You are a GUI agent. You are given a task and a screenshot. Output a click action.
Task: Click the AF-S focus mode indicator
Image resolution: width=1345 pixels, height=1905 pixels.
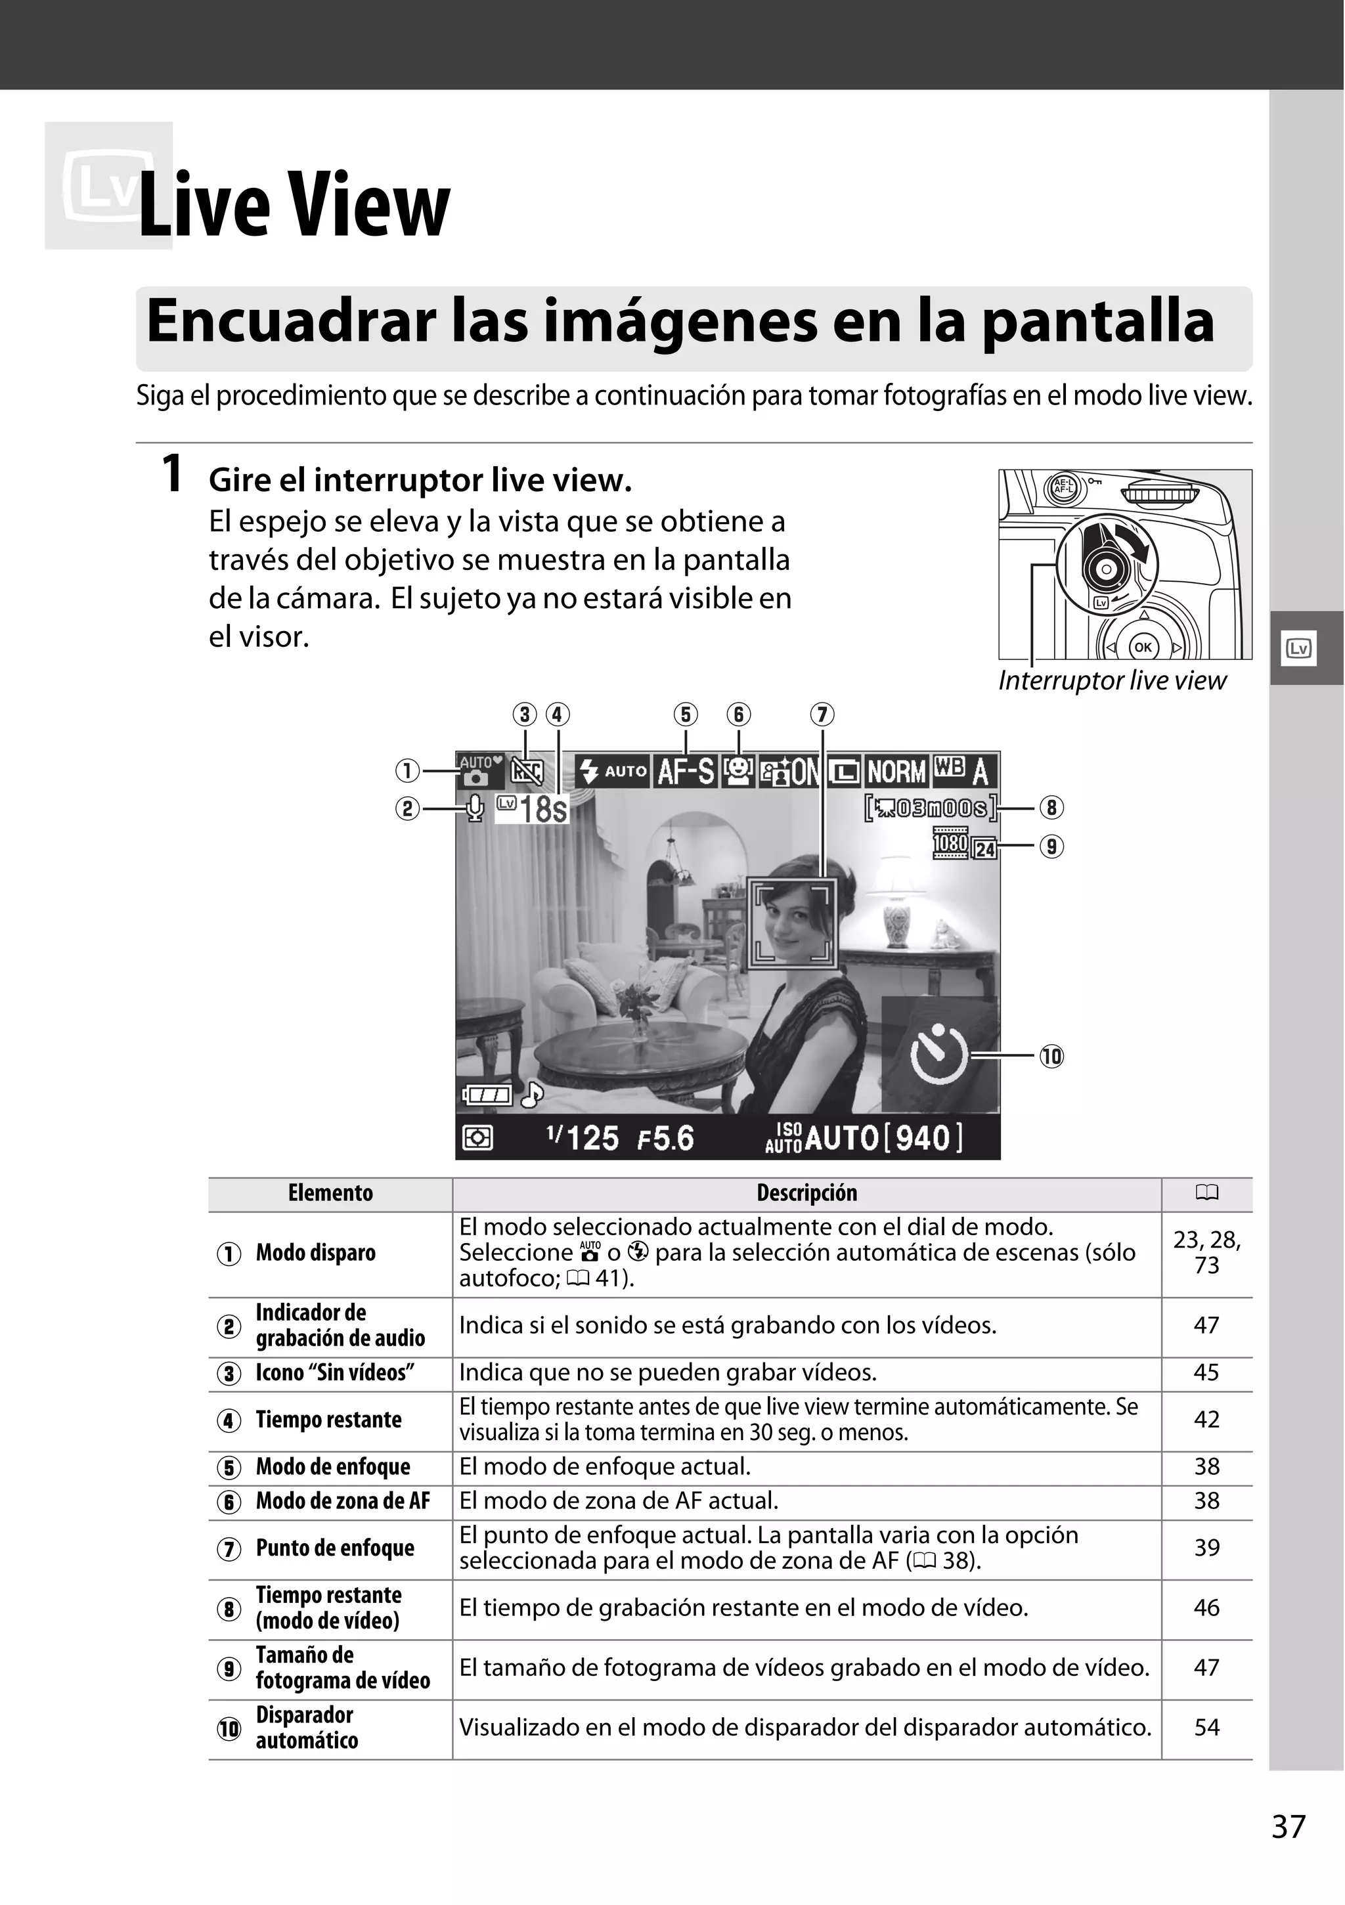(x=686, y=772)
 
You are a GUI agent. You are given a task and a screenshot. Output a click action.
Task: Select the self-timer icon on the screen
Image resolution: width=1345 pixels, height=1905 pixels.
(x=939, y=1055)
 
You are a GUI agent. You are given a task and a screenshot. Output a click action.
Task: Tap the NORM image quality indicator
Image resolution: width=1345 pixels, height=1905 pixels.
(x=896, y=772)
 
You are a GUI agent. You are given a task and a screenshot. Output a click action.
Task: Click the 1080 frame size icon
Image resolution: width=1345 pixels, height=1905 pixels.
(x=950, y=844)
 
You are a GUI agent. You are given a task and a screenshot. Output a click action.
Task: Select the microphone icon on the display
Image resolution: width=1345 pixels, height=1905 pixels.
(x=475, y=808)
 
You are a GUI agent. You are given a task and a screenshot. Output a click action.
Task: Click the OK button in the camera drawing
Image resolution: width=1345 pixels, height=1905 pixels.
(x=1143, y=646)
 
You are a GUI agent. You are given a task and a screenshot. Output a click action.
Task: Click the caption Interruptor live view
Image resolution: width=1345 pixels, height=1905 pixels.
(x=1112, y=680)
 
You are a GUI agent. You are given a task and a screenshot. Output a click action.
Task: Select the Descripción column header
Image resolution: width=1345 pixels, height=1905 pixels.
(x=806, y=1193)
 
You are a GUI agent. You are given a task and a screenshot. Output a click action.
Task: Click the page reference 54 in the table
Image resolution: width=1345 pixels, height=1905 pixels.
(x=1206, y=1728)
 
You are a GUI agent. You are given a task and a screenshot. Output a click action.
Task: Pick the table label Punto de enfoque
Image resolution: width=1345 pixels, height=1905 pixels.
(x=334, y=1548)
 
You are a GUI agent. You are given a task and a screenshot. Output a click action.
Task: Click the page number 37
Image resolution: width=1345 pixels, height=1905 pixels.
(x=1288, y=1826)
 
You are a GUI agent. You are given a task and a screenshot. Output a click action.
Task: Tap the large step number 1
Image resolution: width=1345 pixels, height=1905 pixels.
(x=172, y=475)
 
